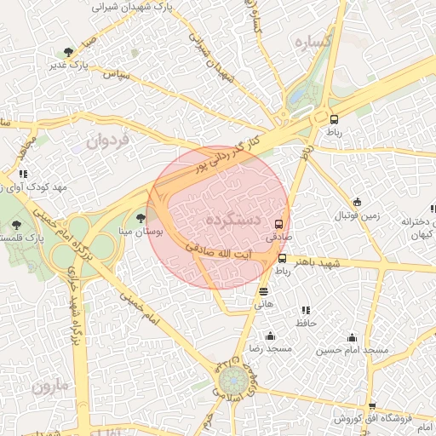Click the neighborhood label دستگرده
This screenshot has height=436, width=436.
[232, 220]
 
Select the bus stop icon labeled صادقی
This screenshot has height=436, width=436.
[278, 225]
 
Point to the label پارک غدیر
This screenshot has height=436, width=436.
[78, 65]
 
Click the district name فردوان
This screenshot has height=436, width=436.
[106, 141]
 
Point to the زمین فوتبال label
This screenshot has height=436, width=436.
[357, 218]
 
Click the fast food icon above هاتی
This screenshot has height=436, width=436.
[263, 290]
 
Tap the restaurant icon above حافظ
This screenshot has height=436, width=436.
[306, 309]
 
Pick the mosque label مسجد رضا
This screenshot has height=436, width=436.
[271, 348]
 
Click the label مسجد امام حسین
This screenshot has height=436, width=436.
[353, 350]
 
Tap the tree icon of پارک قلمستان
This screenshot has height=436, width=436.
[16, 223]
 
